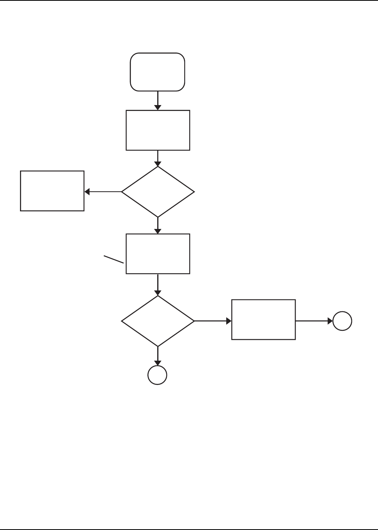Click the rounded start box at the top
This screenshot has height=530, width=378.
click(x=158, y=72)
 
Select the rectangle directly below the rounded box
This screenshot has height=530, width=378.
click(x=158, y=130)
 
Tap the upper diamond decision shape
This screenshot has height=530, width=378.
click(x=158, y=192)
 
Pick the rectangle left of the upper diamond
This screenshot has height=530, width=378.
click(x=52, y=191)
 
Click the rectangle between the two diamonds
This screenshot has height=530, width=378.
click(x=158, y=254)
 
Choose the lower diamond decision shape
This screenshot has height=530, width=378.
click(x=158, y=321)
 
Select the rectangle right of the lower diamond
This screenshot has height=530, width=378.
click(x=264, y=319)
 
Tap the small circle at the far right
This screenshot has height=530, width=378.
click(x=342, y=321)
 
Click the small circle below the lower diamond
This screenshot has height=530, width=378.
click(x=157, y=375)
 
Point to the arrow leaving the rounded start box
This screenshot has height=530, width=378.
click(x=158, y=101)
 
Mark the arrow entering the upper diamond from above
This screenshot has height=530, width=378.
click(x=158, y=158)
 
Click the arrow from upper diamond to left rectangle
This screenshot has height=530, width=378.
click(x=103, y=192)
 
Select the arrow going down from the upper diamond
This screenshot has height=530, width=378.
click(x=158, y=225)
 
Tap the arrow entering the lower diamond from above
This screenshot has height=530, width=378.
click(x=158, y=285)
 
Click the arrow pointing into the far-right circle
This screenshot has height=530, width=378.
click(x=314, y=321)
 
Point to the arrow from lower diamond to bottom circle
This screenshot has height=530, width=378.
click(x=158, y=356)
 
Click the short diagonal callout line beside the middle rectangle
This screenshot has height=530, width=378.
click(x=114, y=259)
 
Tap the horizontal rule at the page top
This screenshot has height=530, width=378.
click(x=189, y=0)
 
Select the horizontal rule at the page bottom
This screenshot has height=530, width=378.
click(x=189, y=529)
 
